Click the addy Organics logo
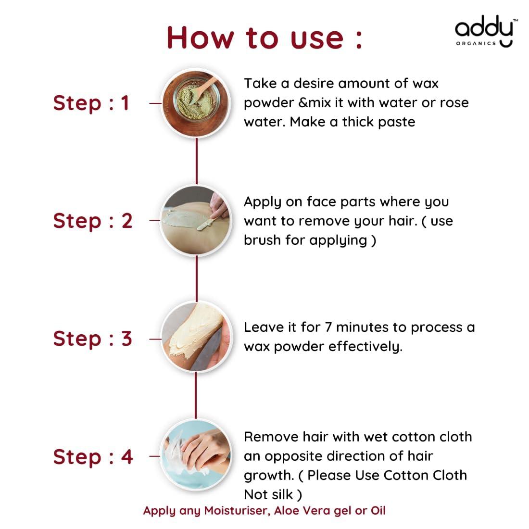point(484,31)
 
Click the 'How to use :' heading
point(264,38)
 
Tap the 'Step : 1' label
point(91,103)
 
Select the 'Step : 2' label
point(93,221)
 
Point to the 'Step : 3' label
point(92,339)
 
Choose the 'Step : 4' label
point(93,457)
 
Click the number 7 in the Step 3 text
point(328,327)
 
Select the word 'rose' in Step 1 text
point(454,103)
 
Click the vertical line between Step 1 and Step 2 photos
point(197,161)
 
